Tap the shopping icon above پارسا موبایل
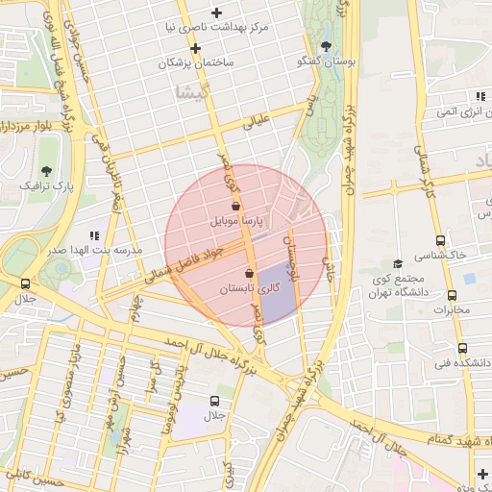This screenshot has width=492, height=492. [236, 206]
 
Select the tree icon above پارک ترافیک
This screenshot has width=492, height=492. [47, 169]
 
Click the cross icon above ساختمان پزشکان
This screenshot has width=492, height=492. [195, 47]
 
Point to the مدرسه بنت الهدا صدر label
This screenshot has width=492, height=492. [97, 250]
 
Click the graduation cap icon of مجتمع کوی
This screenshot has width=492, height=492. [397, 264]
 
